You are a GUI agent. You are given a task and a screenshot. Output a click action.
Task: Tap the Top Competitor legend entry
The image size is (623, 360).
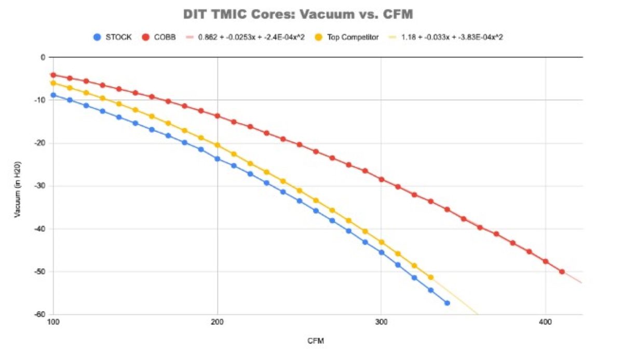(347, 37)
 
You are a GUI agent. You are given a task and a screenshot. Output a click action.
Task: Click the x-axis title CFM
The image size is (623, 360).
(317, 341)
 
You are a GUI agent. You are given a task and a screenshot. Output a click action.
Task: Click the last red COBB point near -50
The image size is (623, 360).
(562, 272)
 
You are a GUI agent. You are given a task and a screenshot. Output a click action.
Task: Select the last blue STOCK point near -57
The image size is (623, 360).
(447, 303)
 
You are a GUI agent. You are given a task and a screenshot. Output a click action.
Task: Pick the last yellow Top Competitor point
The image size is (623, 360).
(430, 277)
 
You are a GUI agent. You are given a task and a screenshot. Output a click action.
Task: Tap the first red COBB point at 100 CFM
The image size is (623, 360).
(53, 75)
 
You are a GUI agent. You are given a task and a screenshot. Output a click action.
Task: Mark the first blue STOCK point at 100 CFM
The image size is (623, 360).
(53, 95)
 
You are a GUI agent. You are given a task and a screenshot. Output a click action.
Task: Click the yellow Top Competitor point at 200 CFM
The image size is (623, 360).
(218, 145)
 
